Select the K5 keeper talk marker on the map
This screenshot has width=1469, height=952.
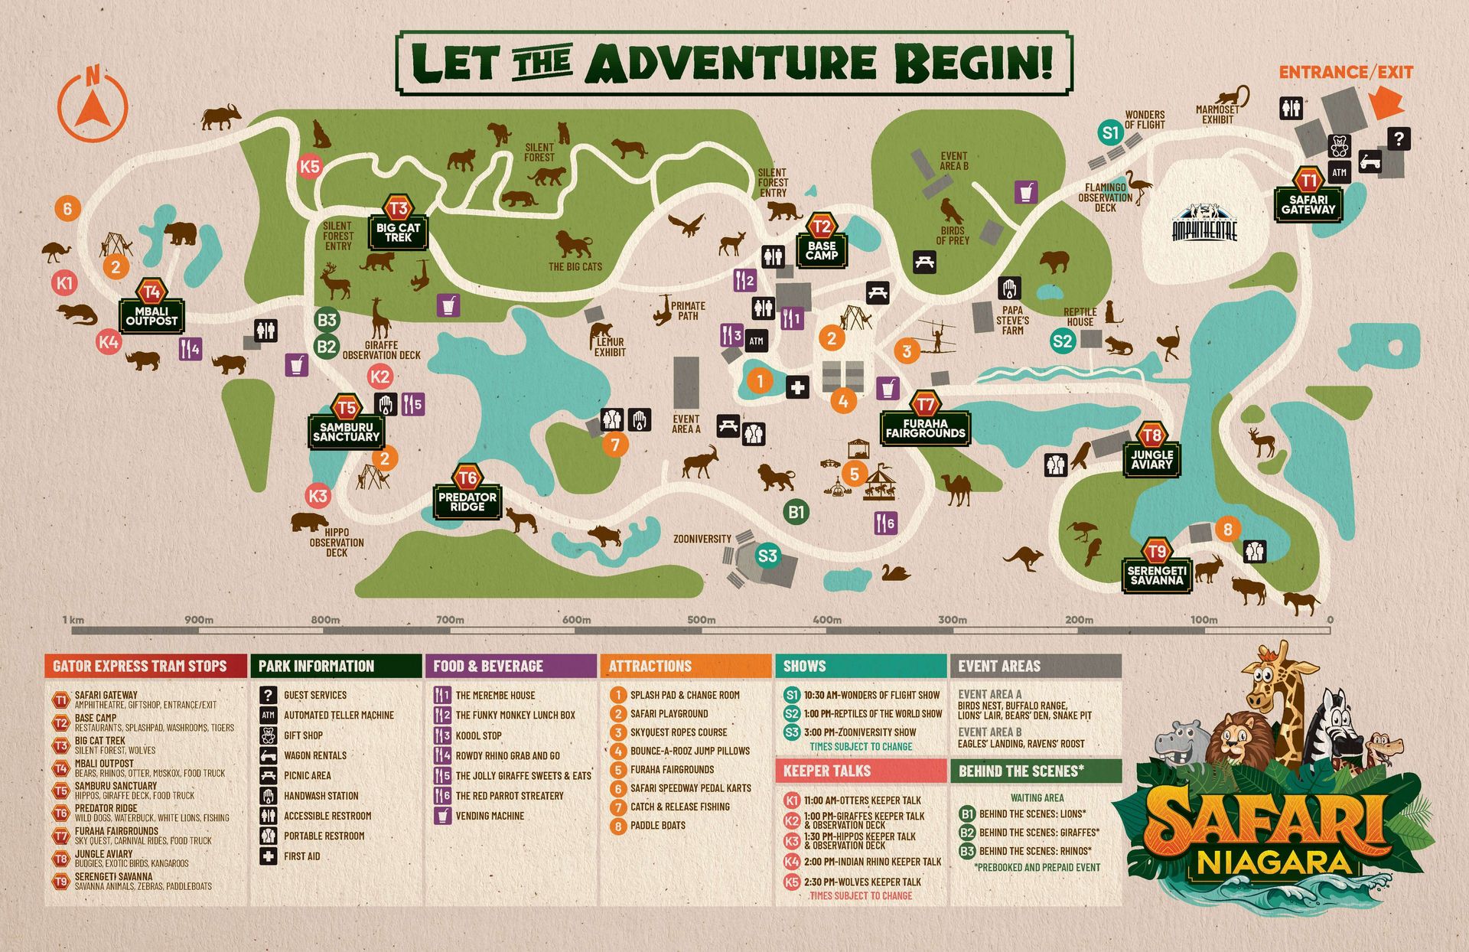click(310, 167)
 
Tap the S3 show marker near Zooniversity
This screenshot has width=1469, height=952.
click(767, 556)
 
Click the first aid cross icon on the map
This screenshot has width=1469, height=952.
click(797, 387)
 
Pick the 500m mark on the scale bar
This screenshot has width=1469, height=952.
click(701, 620)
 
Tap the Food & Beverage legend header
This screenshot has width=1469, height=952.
click(510, 666)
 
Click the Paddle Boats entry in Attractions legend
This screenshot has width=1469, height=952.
click(657, 826)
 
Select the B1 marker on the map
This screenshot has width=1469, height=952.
click(796, 511)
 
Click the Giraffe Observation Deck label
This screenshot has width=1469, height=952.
click(381, 350)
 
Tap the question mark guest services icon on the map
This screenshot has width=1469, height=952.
click(1399, 139)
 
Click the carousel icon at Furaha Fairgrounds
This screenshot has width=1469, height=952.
click(879, 482)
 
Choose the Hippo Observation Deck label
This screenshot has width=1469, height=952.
click(337, 542)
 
